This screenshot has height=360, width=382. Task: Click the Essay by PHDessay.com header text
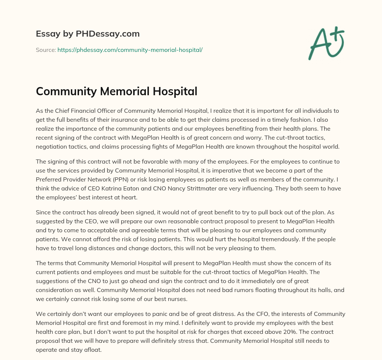point(88,34)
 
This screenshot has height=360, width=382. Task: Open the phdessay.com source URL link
point(130,50)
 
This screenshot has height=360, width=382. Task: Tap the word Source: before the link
point(46,50)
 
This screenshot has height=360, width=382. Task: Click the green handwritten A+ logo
point(326,43)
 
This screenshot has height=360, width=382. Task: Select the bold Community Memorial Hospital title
point(116,91)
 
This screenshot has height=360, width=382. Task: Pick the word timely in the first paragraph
point(278,120)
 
